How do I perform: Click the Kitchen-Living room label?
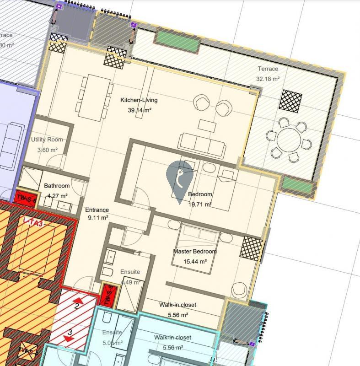[139, 100]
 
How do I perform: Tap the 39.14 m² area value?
[139, 110]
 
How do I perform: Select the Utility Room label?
[47, 140]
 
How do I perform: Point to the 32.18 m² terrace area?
[268, 79]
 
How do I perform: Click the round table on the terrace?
[289, 140]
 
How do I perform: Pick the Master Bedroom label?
[195, 252]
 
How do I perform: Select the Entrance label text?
[97, 210]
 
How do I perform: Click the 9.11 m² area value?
[97, 218]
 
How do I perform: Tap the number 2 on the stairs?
[77, 306]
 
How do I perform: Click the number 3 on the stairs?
[70, 333]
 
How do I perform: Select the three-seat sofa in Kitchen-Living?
[202, 143]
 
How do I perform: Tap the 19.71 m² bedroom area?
[200, 205]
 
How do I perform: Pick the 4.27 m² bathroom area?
[57, 195]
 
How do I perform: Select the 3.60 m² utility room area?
[47, 150]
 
